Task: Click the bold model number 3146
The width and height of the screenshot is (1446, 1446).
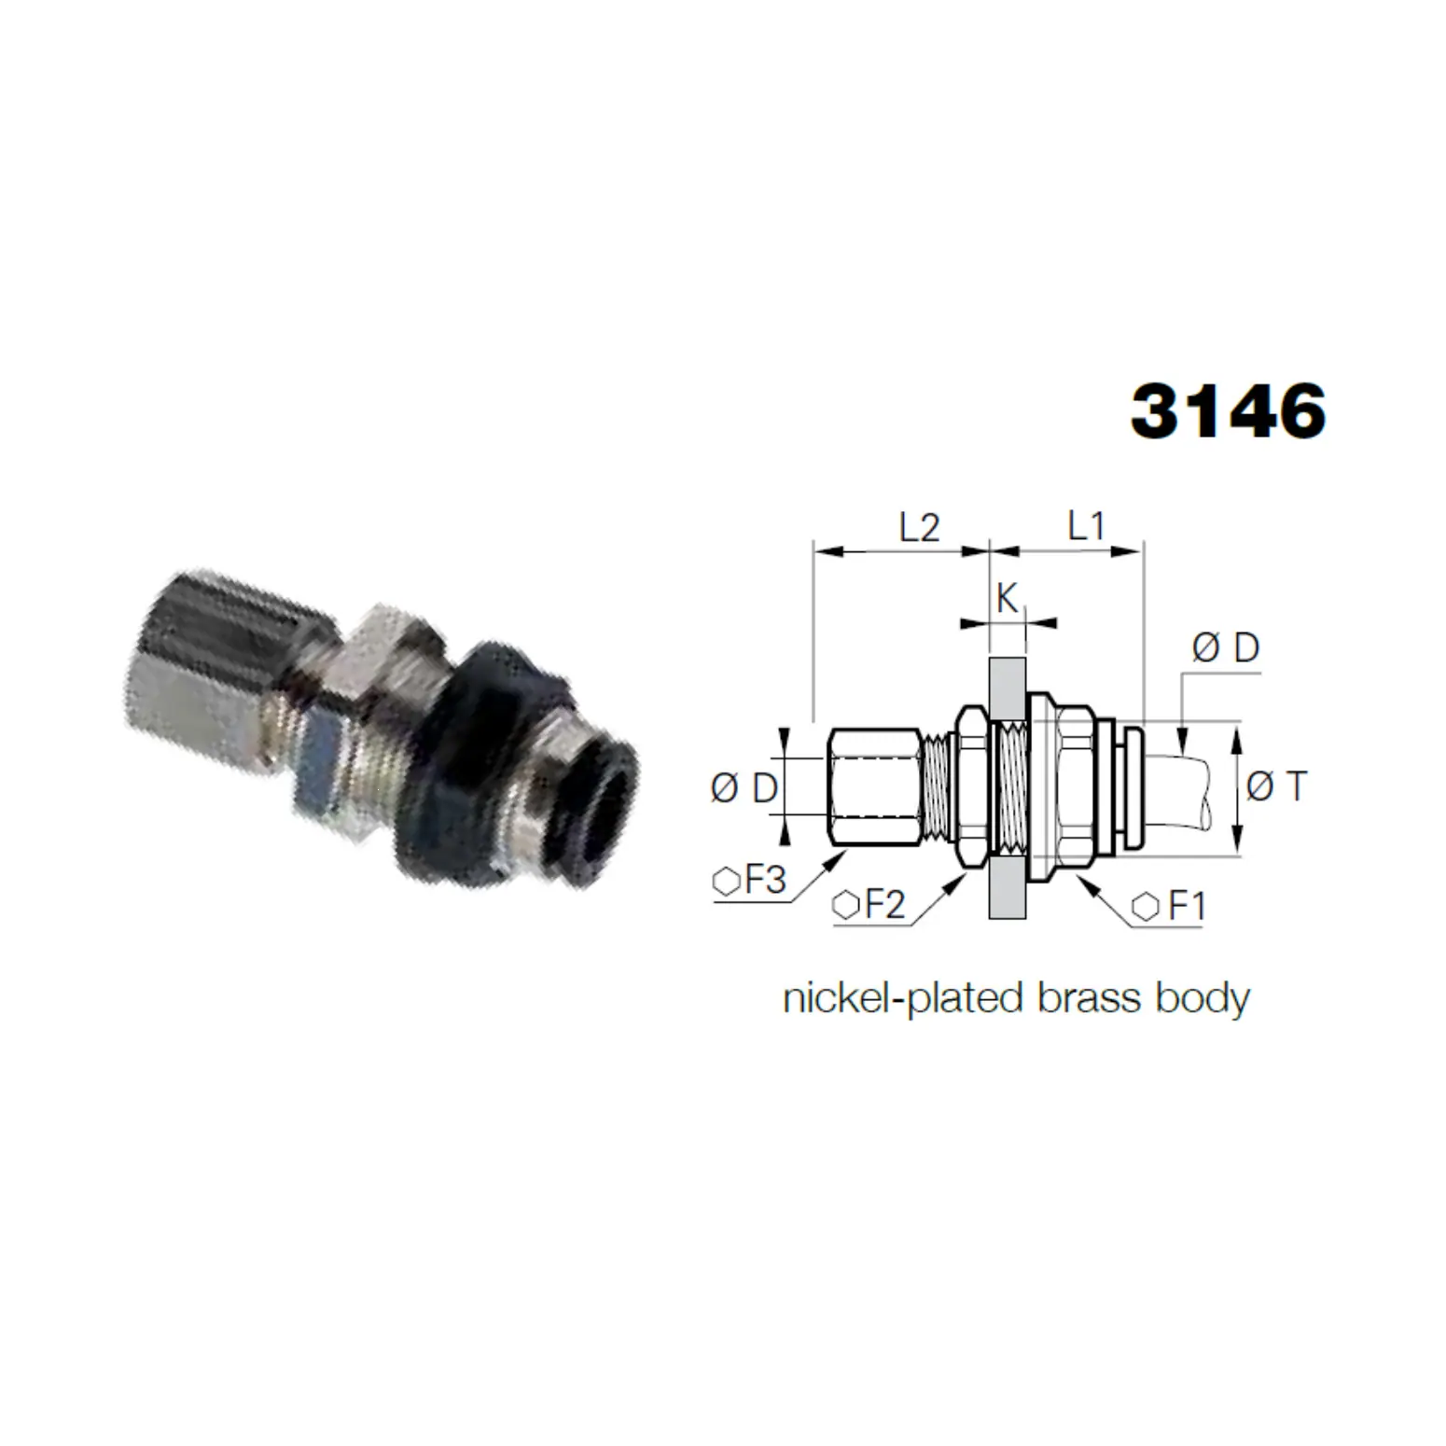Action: coord(1228,410)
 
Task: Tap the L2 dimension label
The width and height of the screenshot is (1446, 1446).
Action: coord(919,528)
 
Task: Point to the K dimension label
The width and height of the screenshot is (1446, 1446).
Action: coord(1007,598)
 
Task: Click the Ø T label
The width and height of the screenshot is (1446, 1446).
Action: coord(1277,786)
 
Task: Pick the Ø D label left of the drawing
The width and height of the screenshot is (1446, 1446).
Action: coord(744,788)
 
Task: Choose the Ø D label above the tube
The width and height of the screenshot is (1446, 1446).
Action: coord(1226,647)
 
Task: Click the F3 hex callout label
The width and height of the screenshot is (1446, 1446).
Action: coord(750,881)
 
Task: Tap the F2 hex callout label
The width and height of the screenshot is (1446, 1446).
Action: coord(869,905)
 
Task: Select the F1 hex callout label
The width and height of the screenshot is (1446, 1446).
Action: coord(1170,906)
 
